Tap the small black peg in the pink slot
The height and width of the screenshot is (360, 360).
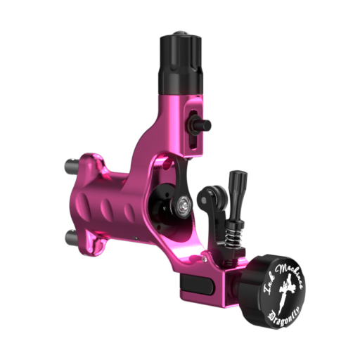pyautogui.click(x=201, y=125)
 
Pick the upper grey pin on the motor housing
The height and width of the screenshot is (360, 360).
pyautogui.click(x=73, y=166)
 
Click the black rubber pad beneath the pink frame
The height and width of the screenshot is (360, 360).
pyautogui.click(x=197, y=285)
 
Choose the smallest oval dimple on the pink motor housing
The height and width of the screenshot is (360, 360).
pyautogui.click(x=129, y=211)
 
